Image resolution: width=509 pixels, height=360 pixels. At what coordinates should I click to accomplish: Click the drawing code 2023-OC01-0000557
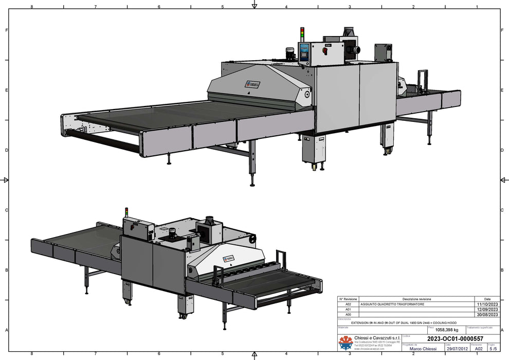455,338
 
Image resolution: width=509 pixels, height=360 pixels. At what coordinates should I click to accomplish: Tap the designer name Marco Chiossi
423,349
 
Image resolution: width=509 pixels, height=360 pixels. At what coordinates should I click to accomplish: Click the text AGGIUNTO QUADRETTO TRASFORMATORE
392,304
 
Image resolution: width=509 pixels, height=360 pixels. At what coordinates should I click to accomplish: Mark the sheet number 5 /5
493,349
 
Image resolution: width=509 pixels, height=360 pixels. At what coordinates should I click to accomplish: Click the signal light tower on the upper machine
302,35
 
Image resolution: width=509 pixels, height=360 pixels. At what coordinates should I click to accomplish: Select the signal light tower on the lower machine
126,212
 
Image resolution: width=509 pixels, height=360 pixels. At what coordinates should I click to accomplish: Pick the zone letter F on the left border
6,30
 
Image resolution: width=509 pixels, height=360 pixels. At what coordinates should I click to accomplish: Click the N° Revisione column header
348,299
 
